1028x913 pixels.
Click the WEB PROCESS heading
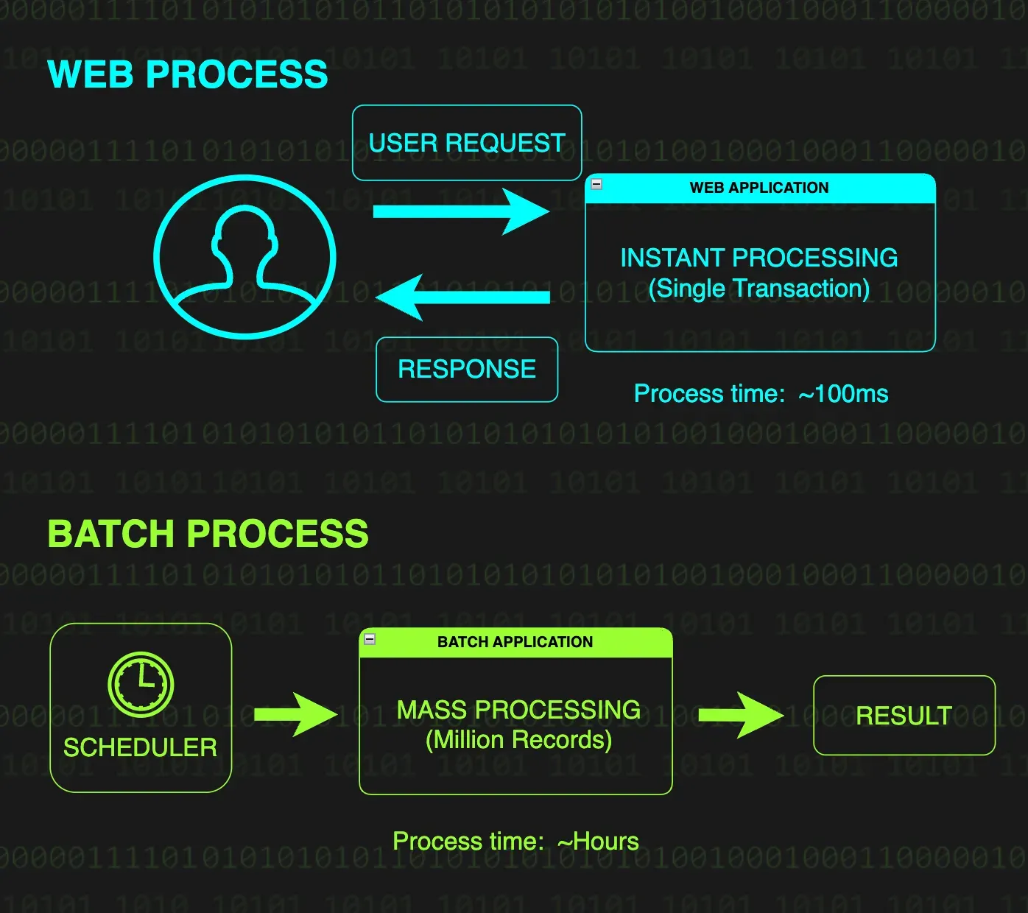click(x=187, y=74)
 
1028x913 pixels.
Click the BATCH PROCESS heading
click(x=208, y=534)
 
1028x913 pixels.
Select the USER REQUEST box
click(x=467, y=143)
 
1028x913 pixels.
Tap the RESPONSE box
click(x=467, y=369)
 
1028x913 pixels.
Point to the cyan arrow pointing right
click(x=461, y=212)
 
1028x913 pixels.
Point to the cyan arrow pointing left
click(x=462, y=297)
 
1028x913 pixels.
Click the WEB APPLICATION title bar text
click(x=759, y=188)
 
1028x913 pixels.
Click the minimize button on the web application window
click(x=596, y=184)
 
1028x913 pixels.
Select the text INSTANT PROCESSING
click(x=759, y=258)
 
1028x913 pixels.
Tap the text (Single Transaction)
click(x=759, y=289)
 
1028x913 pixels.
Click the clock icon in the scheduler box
click(x=141, y=684)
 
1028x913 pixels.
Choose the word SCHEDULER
click(x=140, y=748)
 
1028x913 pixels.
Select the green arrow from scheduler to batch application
click(x=295, y=714)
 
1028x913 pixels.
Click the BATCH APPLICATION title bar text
click(x=515, y=642)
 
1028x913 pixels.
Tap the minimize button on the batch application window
click(x=370, y=639)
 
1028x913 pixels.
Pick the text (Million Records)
click(x=519, y=740)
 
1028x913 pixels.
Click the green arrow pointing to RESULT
click(x=740, y=715)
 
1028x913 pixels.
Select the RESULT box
click(x=904, y=716)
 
